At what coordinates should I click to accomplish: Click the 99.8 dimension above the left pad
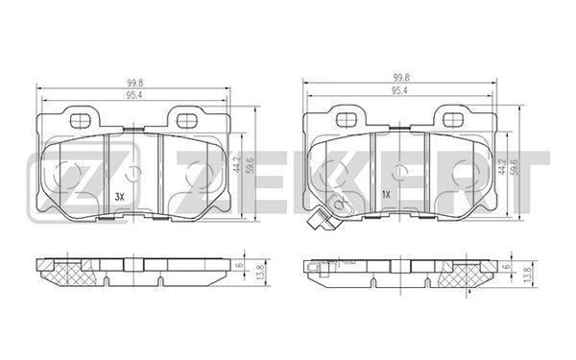point(134,84)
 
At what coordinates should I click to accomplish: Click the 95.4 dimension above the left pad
point(134,95)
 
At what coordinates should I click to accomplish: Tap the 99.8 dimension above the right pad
point(401,78)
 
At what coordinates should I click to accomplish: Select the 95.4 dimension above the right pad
point(399,91)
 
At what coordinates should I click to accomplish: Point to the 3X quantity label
point(120,197)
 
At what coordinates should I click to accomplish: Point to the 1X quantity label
point(386,195)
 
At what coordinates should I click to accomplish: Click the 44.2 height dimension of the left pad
point(237,165)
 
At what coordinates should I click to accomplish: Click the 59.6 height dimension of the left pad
point(250,166)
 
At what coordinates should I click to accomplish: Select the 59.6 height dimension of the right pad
point(515,167)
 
